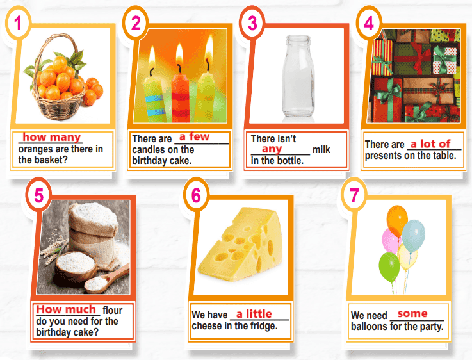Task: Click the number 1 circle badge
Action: tap(18, 23)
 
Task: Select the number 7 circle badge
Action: tap(354, 195)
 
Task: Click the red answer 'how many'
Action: tap(52, 137)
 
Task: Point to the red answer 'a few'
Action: tap(194, 136)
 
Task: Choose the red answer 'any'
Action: tap(272, 149)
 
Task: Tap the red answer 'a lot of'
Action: tap(430, 144)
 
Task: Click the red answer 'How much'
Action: tap(66, 309)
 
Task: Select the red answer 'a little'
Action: tap(254, 314)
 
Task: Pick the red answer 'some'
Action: tap(412, 313)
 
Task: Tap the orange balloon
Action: tap(396, 220)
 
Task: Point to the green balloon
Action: tap(389, 266)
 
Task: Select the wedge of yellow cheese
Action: tap(240, 245)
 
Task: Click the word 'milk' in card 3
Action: tap(321, 150)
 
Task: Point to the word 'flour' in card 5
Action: tap(112, 310)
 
